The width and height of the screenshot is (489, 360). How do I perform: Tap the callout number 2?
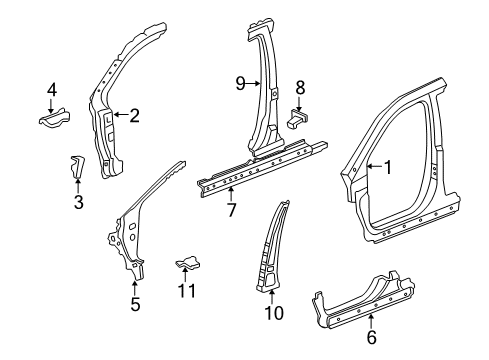click(x=134, y=115)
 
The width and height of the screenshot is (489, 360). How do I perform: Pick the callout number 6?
click(x=372, y=338)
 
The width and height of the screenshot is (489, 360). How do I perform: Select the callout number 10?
click(x=274, y=312)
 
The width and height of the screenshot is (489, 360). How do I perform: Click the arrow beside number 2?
click(x=120, y=115)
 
